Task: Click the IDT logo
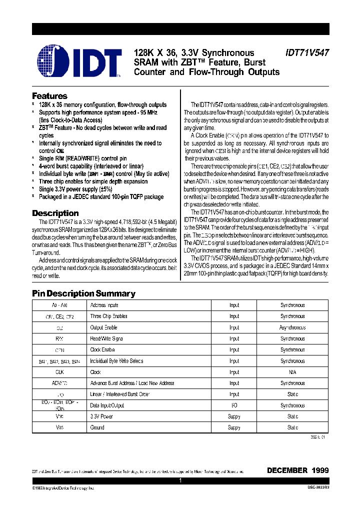[x=79, y=62]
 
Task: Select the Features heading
[x=49, y=96]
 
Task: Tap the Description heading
[x=55, y=213]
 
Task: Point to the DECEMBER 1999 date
[x=297, y=470]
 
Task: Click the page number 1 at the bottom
[x=180, y=480]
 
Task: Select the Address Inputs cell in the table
[x=104, y=305]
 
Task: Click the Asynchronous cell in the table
[x=292, y=327]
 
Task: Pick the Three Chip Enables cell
[x=108, y=316]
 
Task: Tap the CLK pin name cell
[x=59, y=372]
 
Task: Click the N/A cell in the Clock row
[x=292, y=372]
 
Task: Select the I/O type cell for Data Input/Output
[x=234, y=405]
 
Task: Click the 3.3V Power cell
[x=101, y=416]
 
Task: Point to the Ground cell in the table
[x=97, y=427]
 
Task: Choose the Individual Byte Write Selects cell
[x=116, y=361]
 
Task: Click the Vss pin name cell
[x=59, y=427]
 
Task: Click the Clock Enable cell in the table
[x=102, y=350]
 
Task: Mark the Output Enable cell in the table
[x=103, y=327]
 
